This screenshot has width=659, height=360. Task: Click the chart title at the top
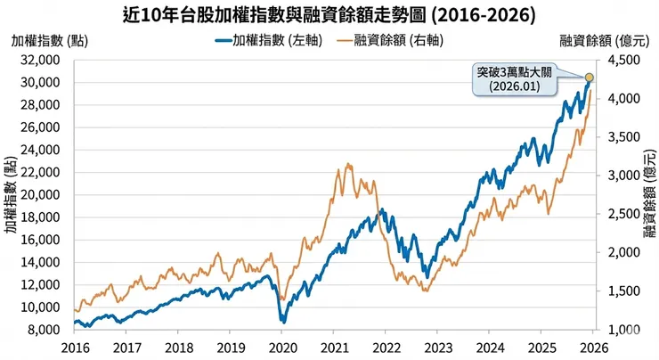pos(329,15)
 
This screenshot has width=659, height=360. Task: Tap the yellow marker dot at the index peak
pos(590,77)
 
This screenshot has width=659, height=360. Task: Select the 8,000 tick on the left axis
pos(44,330)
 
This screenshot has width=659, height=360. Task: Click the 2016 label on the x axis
pos(76,347)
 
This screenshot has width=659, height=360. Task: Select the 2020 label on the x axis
pos(281,347)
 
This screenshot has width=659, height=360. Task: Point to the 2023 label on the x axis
pos(436,347)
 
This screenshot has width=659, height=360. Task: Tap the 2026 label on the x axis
pos(591,347)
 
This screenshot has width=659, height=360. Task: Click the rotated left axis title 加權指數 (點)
pos(12,194)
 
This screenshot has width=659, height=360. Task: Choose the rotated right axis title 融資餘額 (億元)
pos(647,194)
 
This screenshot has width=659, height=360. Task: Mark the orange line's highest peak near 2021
pos(347,164)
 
